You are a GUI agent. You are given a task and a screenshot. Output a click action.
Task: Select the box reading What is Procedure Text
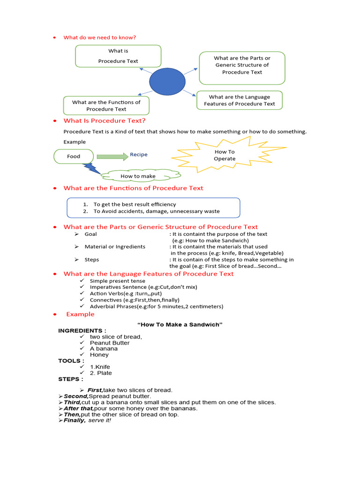coord(118,56)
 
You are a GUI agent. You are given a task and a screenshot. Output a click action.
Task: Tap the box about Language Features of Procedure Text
coord(240,100)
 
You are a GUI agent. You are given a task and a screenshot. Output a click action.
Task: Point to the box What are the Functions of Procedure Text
coord(106,105)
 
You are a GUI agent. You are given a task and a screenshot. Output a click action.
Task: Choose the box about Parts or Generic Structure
coord(242,67)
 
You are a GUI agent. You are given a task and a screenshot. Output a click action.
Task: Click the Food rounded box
coord(74,157)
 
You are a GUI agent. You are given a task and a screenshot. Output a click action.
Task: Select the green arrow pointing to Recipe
coord(112,156)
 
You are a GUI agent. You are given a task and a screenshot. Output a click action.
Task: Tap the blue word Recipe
coord(139,154)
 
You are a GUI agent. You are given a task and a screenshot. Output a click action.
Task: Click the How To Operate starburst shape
coord(225,155)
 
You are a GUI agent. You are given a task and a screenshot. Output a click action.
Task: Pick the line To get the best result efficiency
coord(135,204)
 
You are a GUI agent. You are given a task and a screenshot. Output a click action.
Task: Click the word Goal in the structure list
coord(91,234)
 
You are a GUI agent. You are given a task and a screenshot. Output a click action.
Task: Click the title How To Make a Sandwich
coord(180,324)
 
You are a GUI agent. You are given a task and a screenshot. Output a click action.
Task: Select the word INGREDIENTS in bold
coord(79,330)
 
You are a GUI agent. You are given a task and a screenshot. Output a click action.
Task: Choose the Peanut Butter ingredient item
coord(110,343)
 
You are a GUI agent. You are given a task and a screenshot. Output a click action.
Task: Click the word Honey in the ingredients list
coord(99,355)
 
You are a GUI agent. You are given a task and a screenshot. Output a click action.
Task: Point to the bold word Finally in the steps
coord(75,420)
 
